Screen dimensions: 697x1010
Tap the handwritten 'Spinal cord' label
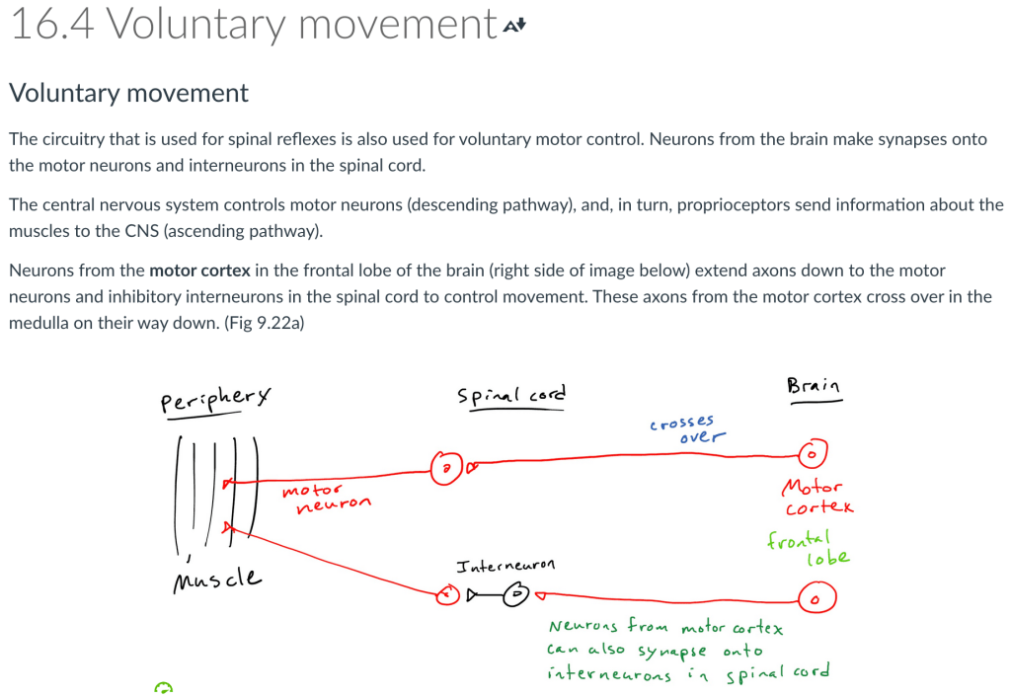(x=511, y=396)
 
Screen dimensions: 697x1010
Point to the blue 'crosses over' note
(x=688, y=429)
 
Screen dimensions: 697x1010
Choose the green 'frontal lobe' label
(x=807, y=549)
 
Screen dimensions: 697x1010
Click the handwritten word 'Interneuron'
(x=505, y=566)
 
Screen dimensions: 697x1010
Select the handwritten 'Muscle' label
(x=217, y=577)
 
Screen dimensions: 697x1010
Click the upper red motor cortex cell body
(x=812, y=455)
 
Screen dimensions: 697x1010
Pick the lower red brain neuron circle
(x=816, y=598)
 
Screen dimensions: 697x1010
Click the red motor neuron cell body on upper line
(x=446, y=466)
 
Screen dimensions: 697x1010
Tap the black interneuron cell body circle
(x=515, y=594)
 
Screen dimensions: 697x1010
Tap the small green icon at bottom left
(x=164, y=687)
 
